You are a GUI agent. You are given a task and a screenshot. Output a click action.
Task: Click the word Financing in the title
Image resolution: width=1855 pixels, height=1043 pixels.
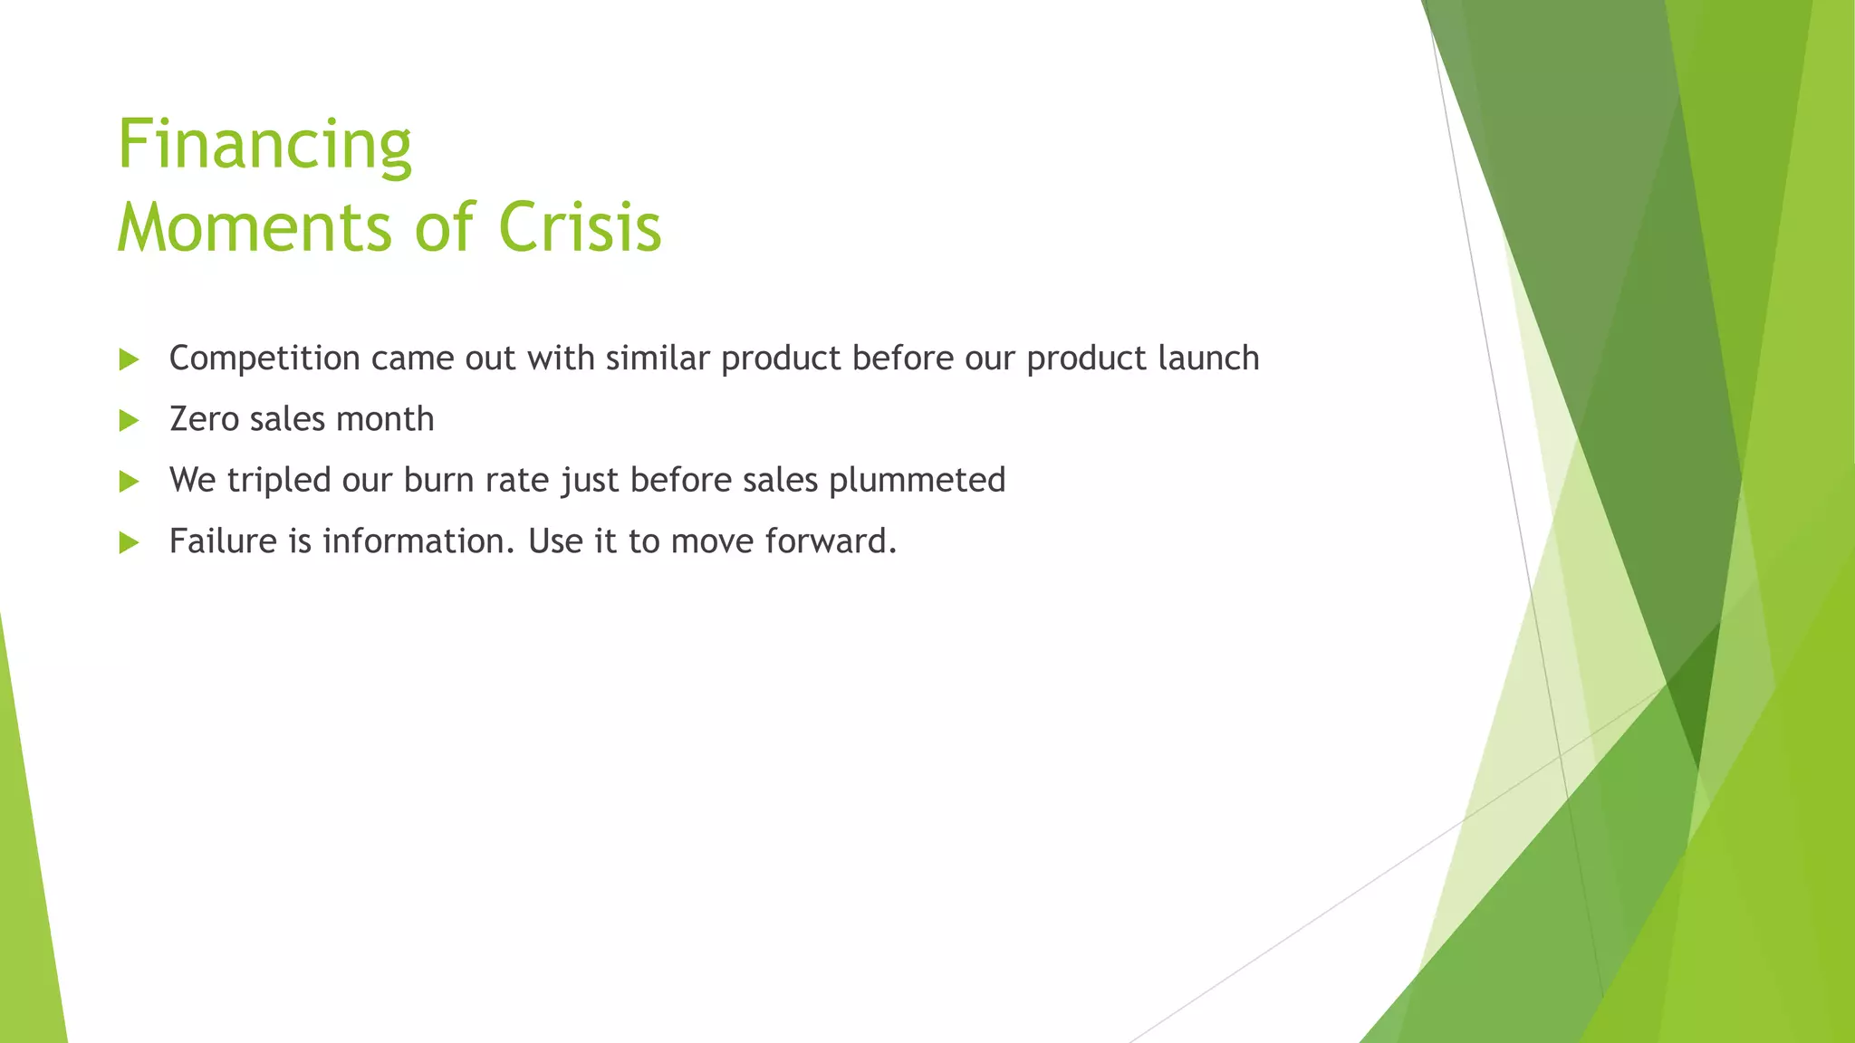(264, 145)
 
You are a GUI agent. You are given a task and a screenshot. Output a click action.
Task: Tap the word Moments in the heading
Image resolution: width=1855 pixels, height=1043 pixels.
(255, 227)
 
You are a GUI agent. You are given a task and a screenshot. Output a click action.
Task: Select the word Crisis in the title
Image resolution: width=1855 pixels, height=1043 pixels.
(580, 227)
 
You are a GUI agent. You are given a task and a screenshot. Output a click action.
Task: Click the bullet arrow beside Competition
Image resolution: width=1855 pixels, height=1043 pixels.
(129, 360)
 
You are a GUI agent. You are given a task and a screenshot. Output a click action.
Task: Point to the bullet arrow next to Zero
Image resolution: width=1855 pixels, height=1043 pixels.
(129, 421)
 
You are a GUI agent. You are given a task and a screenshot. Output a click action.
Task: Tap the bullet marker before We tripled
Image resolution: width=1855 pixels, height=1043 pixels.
(129, 482)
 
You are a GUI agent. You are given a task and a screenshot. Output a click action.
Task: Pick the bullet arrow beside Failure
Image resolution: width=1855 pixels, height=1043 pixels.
(129, 543)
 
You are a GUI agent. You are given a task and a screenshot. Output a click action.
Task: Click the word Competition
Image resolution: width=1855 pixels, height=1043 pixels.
(264, 359)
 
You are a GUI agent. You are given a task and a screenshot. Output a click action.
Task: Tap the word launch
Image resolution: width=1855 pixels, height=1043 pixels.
(1209, 359)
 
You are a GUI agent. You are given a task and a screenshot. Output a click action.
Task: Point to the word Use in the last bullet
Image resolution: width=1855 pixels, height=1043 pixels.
(555, 541)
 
